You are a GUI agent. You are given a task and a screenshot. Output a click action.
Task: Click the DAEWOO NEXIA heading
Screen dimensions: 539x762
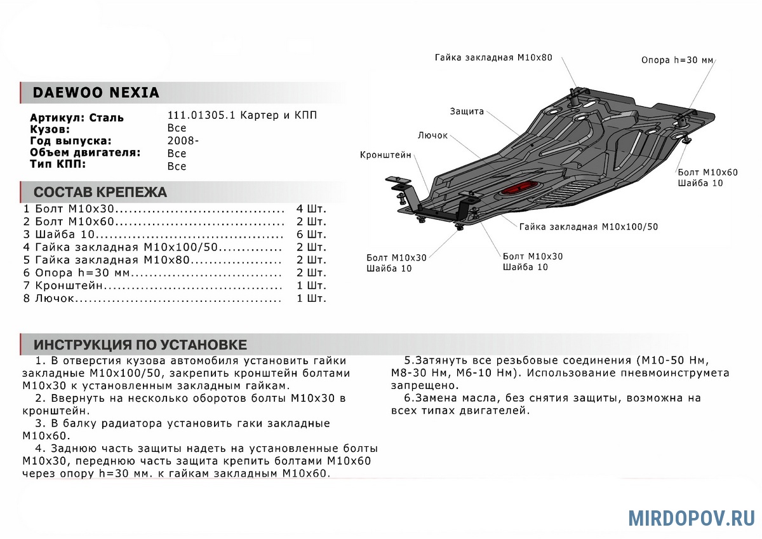(x=96, y=93)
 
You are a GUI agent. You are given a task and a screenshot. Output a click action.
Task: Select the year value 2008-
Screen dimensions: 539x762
(x=183, y=141)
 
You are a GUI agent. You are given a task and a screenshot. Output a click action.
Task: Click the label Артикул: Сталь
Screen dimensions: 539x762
(x=77, y=118)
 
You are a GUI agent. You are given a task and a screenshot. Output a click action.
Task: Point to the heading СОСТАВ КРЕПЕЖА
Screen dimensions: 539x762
(x=100, y=192)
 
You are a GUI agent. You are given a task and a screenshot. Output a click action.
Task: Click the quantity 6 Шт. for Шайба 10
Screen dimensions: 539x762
(x=311, y=235)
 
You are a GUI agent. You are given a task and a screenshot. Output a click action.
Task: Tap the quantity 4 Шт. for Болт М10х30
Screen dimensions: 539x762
(x=311, y=209)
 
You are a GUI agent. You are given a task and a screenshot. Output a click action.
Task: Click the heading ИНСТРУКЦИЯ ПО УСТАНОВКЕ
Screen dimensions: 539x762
(x=140, y=345)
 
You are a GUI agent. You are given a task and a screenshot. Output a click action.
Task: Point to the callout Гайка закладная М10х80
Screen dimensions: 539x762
(x=493, y=57)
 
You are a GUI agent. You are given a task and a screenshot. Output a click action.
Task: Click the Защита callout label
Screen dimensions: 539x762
(x=467, y=111)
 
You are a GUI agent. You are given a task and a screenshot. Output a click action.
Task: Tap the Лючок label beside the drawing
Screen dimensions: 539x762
(x=433, y=135)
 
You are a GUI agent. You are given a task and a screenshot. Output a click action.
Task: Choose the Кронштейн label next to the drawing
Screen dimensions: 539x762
(x=385, y=155)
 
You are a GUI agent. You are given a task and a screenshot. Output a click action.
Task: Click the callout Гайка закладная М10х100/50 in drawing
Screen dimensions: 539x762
(x=588, y=226)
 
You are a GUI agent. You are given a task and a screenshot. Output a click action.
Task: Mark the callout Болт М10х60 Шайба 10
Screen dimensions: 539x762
(x=707, y=177)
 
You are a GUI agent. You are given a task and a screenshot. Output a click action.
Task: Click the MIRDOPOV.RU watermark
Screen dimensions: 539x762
(x=692, y=517)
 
